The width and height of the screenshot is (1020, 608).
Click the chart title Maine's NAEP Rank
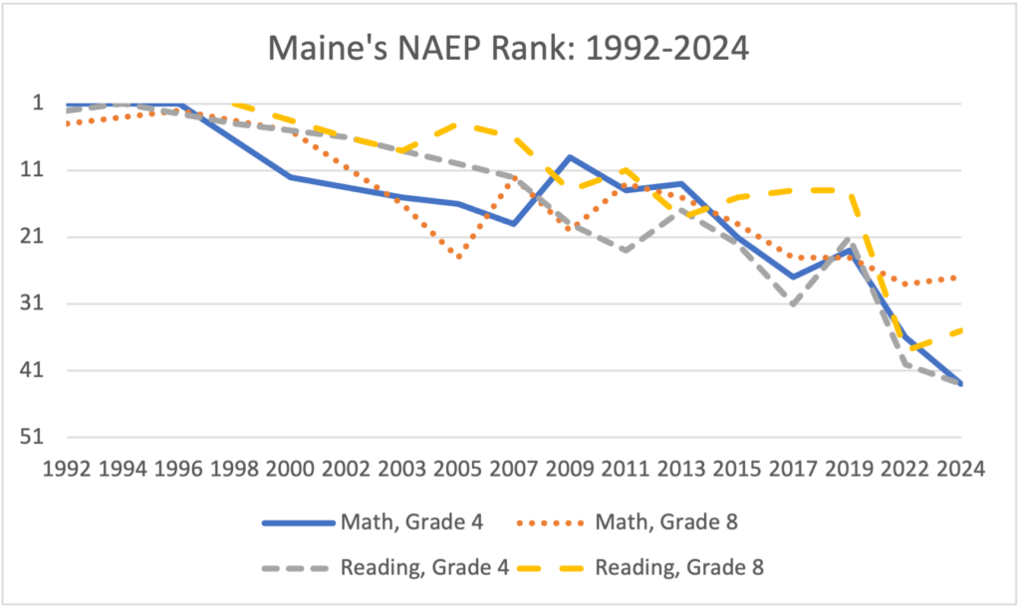(x=509, y=48)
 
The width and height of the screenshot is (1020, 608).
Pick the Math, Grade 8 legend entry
(x=628, y=522)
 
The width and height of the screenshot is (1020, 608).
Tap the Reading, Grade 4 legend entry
(x=385, y=568)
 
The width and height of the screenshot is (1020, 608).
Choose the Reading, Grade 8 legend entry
(x=640, y=568)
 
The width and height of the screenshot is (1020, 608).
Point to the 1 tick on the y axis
(x=38, y=103)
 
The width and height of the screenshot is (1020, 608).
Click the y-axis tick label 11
(x=32, y=169)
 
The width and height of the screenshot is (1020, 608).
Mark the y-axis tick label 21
(x=32, y=237)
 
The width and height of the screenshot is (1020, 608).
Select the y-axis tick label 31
(x=32, y=304)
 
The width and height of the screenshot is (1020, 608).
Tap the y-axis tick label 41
(x=32, y=370)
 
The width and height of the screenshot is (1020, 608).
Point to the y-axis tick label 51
(x=32, y=437)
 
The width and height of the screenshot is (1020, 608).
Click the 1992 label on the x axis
(x=67, y=469)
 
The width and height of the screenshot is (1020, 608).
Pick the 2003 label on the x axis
(x=402, y=469)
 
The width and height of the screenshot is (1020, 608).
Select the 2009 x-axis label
(x=570, y=469)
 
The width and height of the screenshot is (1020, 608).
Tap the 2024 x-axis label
(x=961, y=469)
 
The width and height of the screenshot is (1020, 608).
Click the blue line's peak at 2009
(x=570, y=156)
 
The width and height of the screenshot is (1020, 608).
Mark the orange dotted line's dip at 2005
(x=458, y=257)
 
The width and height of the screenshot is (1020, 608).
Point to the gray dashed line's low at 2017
(x=793, y=304)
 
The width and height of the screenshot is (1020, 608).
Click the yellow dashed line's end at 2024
(x=960, y=331)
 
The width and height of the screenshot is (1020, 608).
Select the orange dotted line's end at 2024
(x=954, y=278)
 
